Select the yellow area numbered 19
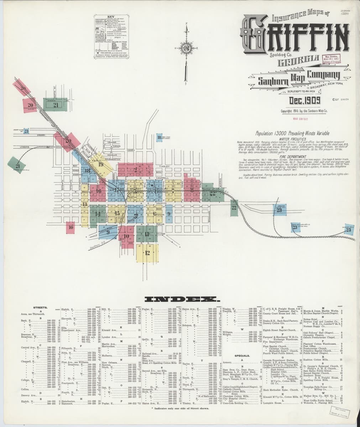pyautogui.click(x=101, y=164)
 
